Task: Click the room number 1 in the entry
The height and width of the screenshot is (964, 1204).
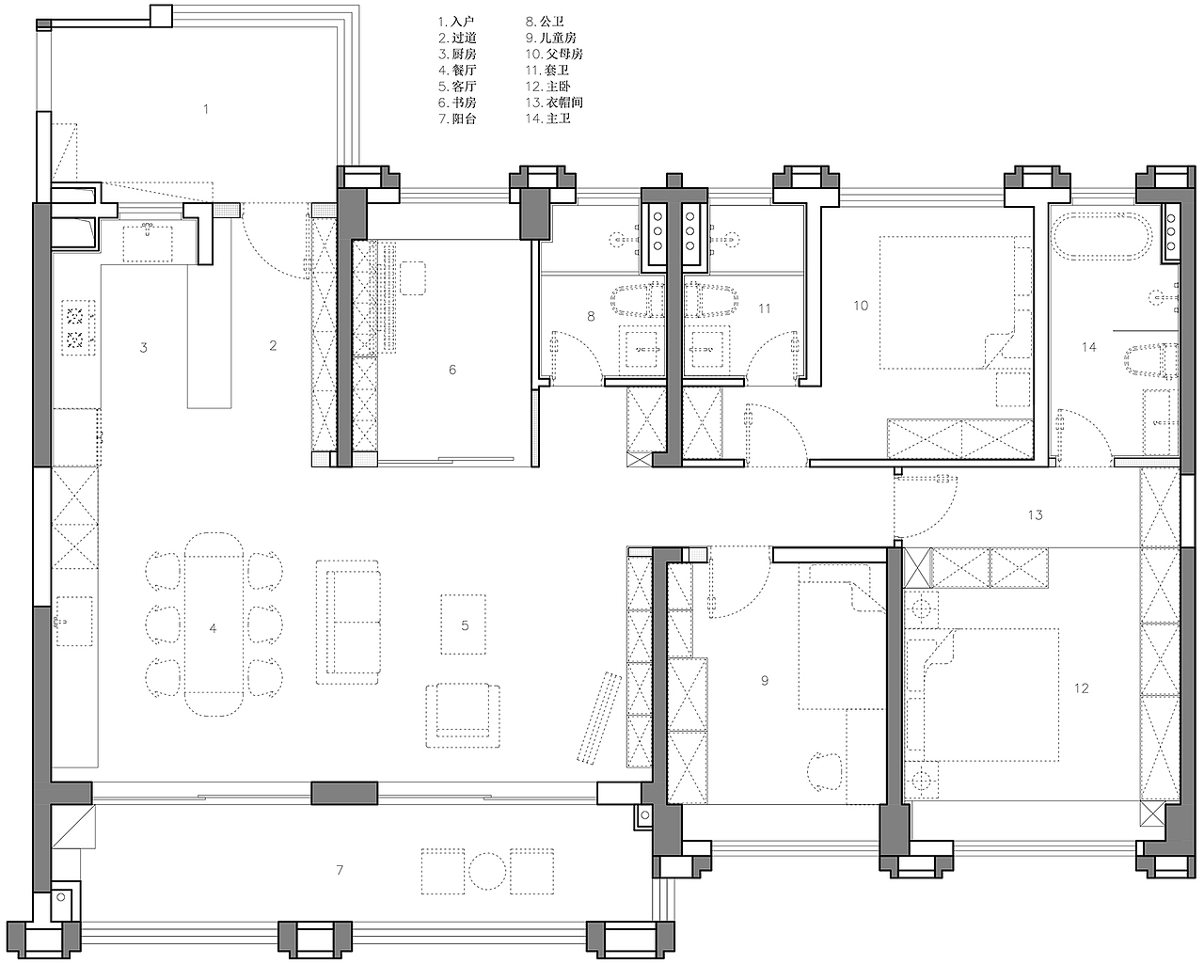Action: point(206,108)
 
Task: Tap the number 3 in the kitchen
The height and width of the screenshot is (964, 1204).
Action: point(143,347)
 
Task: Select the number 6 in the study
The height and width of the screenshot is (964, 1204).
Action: point(452,370)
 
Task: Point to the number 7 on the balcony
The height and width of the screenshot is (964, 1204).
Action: point(340,869)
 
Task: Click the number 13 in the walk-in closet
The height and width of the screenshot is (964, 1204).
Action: point(1035,514)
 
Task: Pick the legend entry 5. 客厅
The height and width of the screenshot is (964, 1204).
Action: point(456,87)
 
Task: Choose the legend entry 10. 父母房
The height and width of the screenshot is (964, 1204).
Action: point(554,54)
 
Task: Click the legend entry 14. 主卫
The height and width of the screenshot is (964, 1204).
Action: point(547,119)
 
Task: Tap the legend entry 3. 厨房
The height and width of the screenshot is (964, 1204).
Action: point(456,54)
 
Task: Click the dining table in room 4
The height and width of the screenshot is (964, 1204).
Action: point(214,624)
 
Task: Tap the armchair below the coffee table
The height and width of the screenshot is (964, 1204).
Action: point(463,716)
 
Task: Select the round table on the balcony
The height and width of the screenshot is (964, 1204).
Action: point(487,871)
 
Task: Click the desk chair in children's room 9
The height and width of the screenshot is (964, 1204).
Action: point(825,770)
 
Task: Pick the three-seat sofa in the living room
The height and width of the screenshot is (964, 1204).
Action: point(348,623)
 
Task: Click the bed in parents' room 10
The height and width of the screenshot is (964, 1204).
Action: point(947,303)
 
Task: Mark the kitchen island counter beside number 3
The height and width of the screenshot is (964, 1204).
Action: point(209,337)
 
